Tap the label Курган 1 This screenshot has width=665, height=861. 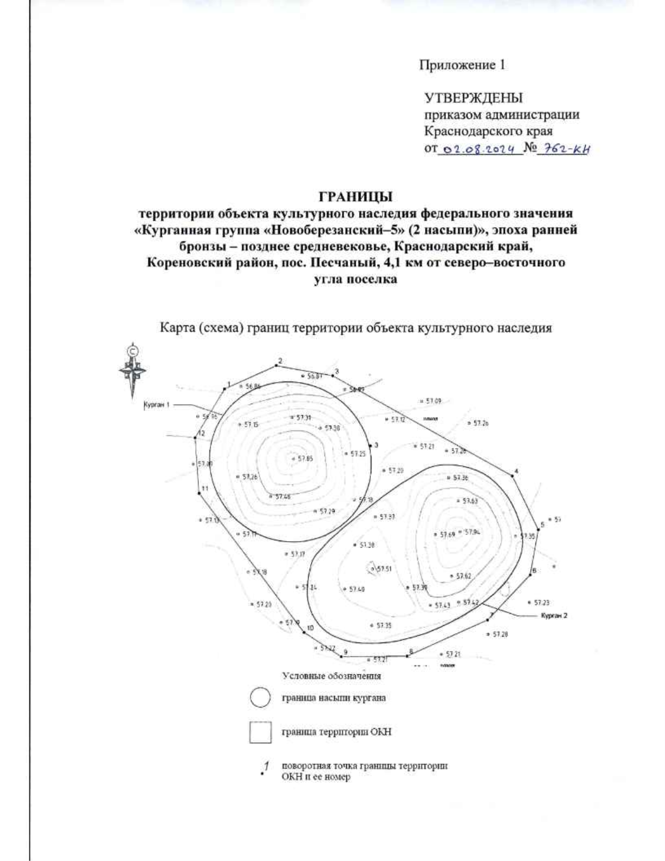click(157, 405)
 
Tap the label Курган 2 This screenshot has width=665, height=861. click(554, 615)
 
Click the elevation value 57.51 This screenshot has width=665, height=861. click(384, 569)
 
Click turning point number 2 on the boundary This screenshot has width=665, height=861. click(276, 366)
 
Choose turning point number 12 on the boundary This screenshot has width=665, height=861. click(196, 438)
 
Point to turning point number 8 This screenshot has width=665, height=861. click(408, 656)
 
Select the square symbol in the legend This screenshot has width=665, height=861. click(260, 732)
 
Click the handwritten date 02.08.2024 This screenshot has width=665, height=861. click(480, 149)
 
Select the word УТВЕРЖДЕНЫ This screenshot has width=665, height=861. click(473, 99)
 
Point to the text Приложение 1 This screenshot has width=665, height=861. click(462, 65)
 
